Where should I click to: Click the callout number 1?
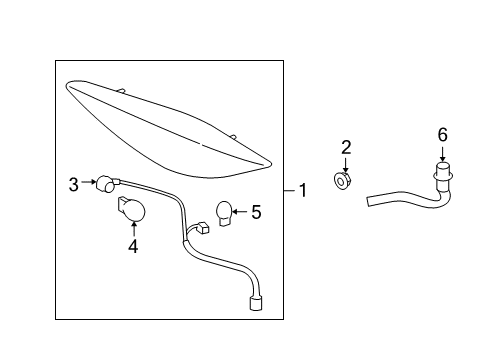coord(303,190)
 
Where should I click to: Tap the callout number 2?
coord(346,147)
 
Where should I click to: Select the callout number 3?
coord(74,184)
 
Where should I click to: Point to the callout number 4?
coord(133,246)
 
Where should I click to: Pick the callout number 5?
coord(256,212)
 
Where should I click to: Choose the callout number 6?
coord(442,135)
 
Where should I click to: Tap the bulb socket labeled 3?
coord(107,184)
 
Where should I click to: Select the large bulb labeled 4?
coord(132,209)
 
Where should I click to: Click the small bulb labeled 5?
coord(224,213)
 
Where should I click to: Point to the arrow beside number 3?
coord(89,182)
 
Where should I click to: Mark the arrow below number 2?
coord(346,165)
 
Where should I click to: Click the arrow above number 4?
coord(134,229)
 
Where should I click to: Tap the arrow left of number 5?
coord(240,211)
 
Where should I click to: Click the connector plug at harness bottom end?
coord(255,304)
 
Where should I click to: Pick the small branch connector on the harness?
coord(203,228)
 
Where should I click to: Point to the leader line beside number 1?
coord(289,191)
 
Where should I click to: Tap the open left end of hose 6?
coord(368,201)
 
